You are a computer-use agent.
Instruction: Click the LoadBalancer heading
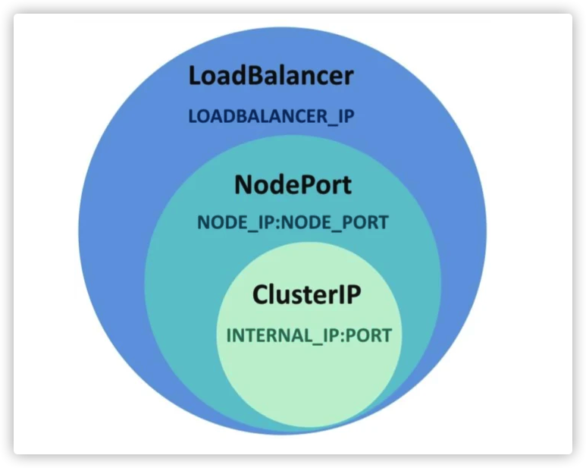click(x=271, y=76)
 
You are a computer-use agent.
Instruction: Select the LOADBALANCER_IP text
click(x=271, y=118)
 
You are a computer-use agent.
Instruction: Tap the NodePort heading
click(x=293, y=184)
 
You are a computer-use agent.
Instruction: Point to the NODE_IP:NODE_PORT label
click(x=293, y=223)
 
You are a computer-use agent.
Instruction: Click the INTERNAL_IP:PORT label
click(x=309, y=335)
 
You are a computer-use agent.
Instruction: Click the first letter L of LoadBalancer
click(x=196, y=76)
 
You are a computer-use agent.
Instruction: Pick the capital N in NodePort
click(x=243, y=184)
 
